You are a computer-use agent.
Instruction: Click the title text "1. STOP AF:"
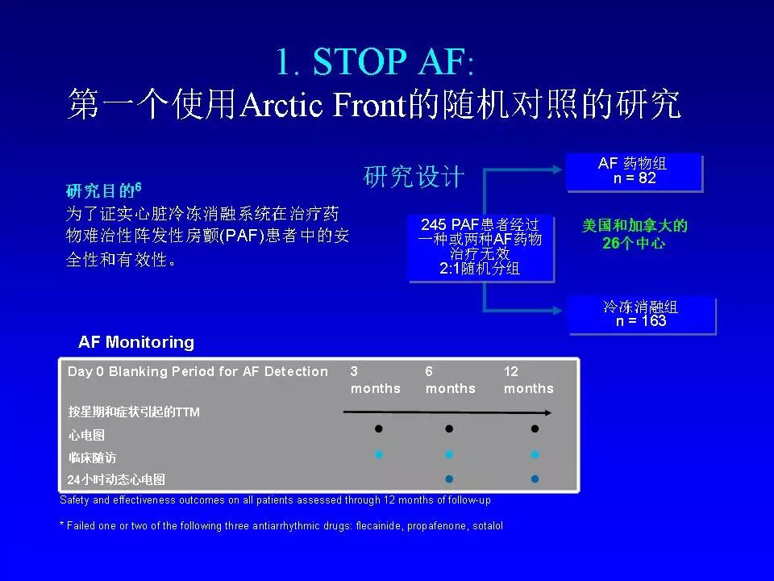tap(375, 62)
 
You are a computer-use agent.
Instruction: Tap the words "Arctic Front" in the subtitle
tap(322, 105)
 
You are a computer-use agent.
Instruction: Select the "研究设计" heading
tap(414, 177)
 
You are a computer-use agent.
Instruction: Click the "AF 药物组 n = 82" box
tap(635, 173)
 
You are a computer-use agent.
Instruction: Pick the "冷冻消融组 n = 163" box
tap(642, 316)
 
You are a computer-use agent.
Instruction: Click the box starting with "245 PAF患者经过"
tap(481, 249)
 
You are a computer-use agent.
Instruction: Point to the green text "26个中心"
tap(634, 243)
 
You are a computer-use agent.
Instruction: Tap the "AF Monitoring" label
tap(136, 342)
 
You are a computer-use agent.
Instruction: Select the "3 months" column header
tap(375, 380)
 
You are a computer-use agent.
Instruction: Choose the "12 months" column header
tap(529, 380)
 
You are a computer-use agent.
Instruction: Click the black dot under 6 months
tap(449, 428)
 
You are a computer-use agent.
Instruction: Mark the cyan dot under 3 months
tap(379, 454)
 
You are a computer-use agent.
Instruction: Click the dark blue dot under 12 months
tap(535, 479)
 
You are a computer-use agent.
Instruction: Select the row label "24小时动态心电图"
tap(116, 479)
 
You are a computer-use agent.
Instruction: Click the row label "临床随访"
tap(93, 458)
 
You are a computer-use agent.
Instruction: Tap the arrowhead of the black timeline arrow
tap(548, 412)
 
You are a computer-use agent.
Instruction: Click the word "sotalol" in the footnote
tap(488, 525)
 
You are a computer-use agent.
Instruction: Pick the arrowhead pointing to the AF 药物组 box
tap(557, 170)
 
